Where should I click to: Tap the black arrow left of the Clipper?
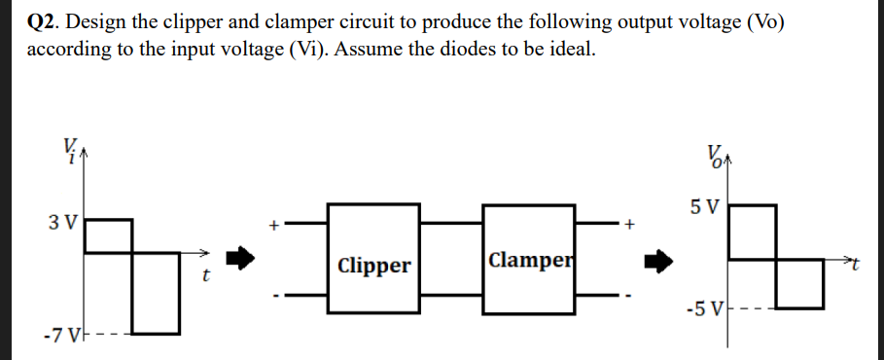242,259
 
